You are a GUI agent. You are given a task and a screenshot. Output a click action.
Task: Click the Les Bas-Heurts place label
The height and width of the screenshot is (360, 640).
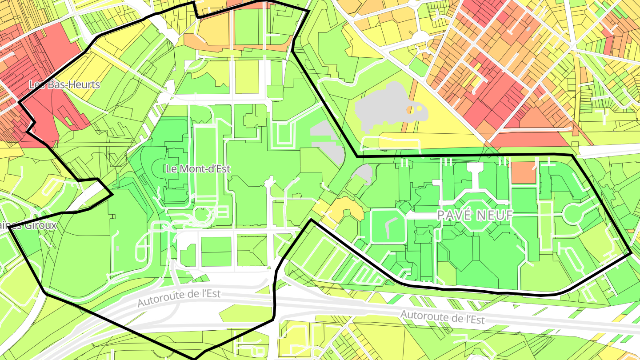(64, 84)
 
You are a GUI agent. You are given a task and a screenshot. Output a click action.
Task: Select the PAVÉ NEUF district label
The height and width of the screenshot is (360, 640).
(475, 216)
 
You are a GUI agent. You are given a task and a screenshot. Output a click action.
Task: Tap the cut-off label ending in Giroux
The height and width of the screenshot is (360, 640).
(28, 225)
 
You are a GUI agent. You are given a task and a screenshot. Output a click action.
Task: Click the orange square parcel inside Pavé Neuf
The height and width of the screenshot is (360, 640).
(524, 173)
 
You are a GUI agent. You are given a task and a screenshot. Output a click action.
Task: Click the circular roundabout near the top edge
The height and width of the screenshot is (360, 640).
(419, 38)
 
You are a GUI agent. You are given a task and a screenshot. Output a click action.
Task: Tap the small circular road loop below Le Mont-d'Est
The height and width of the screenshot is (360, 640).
(202, 216)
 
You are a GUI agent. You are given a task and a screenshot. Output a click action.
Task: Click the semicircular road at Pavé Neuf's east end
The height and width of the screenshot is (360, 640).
(573, 213)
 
